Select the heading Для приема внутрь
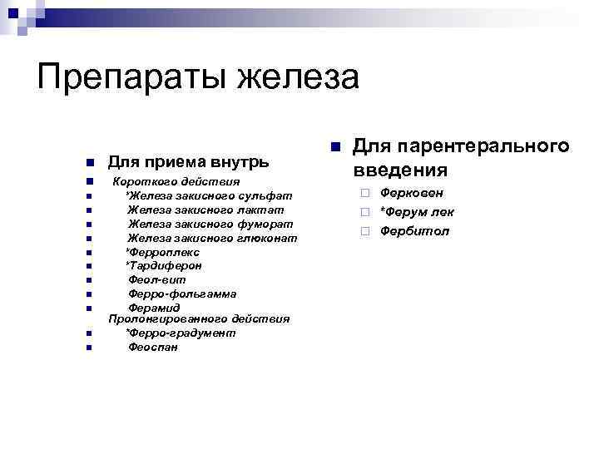[x=188, y=160]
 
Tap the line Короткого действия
[x=176, y=181]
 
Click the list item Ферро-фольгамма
[x=181, y=294]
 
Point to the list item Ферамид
[x=154, y=308]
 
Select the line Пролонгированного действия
[x=199, y=318]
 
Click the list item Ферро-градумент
[x=180, y=333]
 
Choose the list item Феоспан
[x=152, y=347]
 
